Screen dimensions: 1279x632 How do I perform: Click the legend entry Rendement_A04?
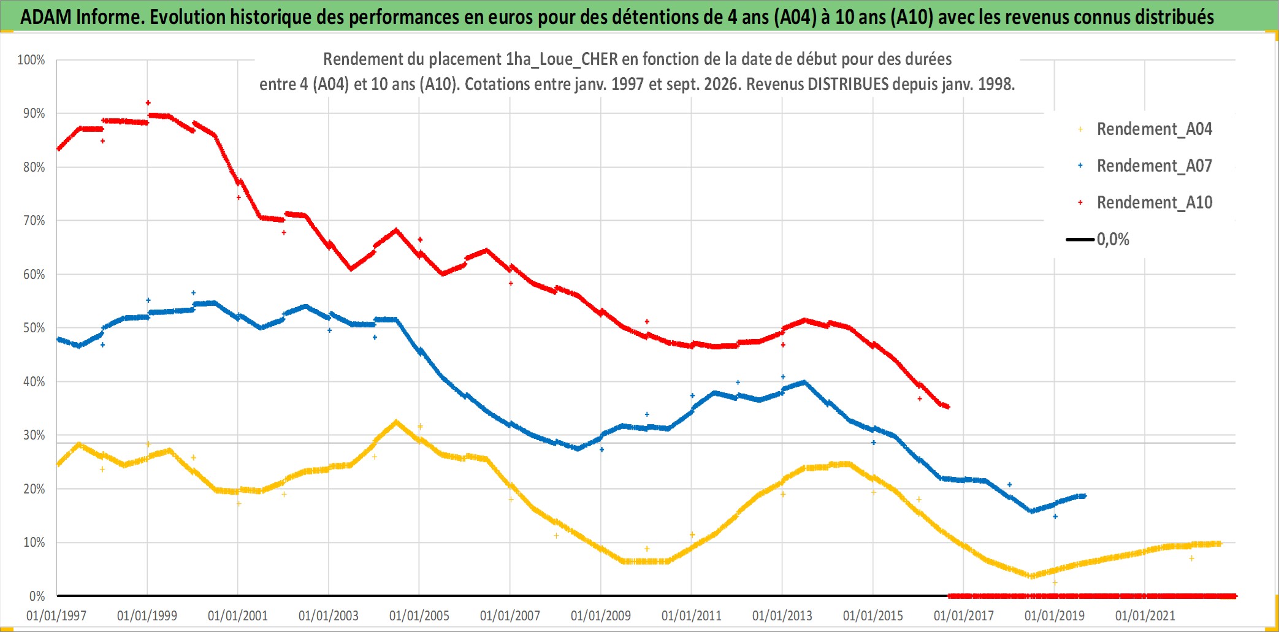click(1154, 129)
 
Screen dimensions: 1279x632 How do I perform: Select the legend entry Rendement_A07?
click(1154, 166)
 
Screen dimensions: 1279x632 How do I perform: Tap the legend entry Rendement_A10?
click(1154, 203)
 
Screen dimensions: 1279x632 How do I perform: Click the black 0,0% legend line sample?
click(1080, 239)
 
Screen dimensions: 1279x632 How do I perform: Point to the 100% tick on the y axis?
click(31, 60)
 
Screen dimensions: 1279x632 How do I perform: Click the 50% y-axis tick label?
click(34, 328)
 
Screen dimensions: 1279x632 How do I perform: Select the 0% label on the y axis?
click(37, 596)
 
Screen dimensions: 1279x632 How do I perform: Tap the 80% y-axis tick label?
click(34, 167)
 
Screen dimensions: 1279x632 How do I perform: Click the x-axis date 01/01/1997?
click(56, 615)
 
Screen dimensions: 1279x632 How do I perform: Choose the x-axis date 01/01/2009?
click(601, 615)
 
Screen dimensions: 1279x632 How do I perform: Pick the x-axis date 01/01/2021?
click(1145, 615)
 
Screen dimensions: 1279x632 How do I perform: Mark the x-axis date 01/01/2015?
click(873, 615)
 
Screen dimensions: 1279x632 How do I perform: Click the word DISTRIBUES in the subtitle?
click(848, 84)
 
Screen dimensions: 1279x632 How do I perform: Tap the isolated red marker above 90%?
click(148, 102)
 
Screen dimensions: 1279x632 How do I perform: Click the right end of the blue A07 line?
click(1085, 496)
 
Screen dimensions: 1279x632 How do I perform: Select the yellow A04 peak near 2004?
click(396, 422)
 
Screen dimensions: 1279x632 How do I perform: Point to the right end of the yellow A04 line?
click(1220, 544)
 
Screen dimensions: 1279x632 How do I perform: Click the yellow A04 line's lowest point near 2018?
click(1032, 576)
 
